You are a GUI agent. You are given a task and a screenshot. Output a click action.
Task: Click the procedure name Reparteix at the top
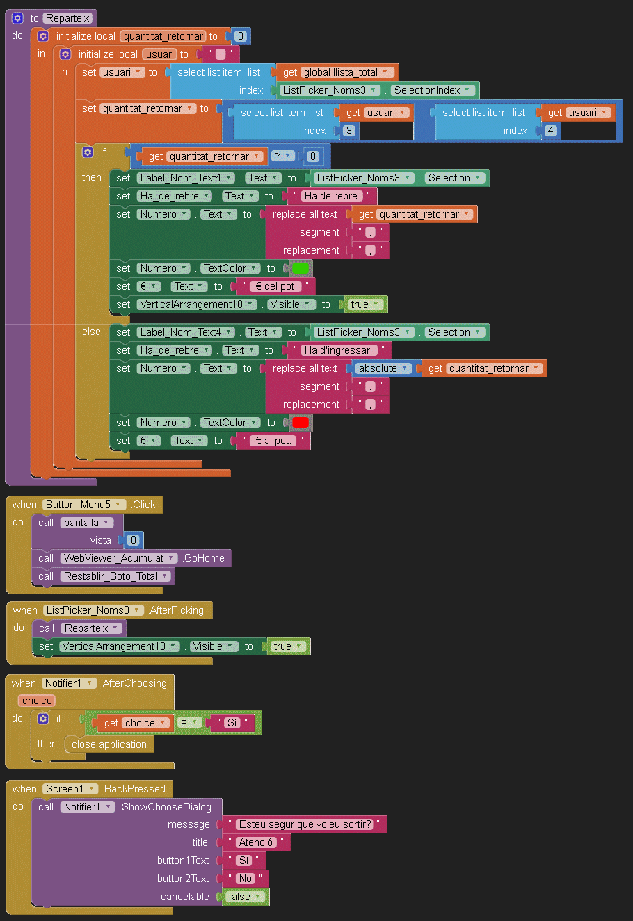coord(67,18)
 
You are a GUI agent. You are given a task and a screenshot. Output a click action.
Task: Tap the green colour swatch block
coord(301,268)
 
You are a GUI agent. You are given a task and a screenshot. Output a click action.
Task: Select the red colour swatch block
coord(301,423)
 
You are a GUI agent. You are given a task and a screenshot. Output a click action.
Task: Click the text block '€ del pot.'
coord(276,286)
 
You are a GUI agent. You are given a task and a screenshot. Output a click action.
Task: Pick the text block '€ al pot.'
coord(273,441)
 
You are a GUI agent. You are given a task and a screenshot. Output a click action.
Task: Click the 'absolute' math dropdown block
coord(383,368)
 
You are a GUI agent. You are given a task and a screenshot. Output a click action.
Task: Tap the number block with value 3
coord(348,131)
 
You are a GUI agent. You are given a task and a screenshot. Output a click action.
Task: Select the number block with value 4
coord(550,131)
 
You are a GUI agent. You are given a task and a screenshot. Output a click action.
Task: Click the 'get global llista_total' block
coord(338,72)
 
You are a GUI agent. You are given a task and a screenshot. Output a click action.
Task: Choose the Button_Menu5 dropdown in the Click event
coord(83,505)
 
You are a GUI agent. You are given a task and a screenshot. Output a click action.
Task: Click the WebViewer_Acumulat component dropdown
coord(118,558)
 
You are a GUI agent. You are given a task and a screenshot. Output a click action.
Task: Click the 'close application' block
coord(109,744)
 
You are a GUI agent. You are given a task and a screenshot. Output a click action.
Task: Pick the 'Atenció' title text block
coord(256,842)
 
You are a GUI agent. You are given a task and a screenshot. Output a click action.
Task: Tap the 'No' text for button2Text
coord(246,879)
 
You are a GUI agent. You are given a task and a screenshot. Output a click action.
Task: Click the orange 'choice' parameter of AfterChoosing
coord(37,701)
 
